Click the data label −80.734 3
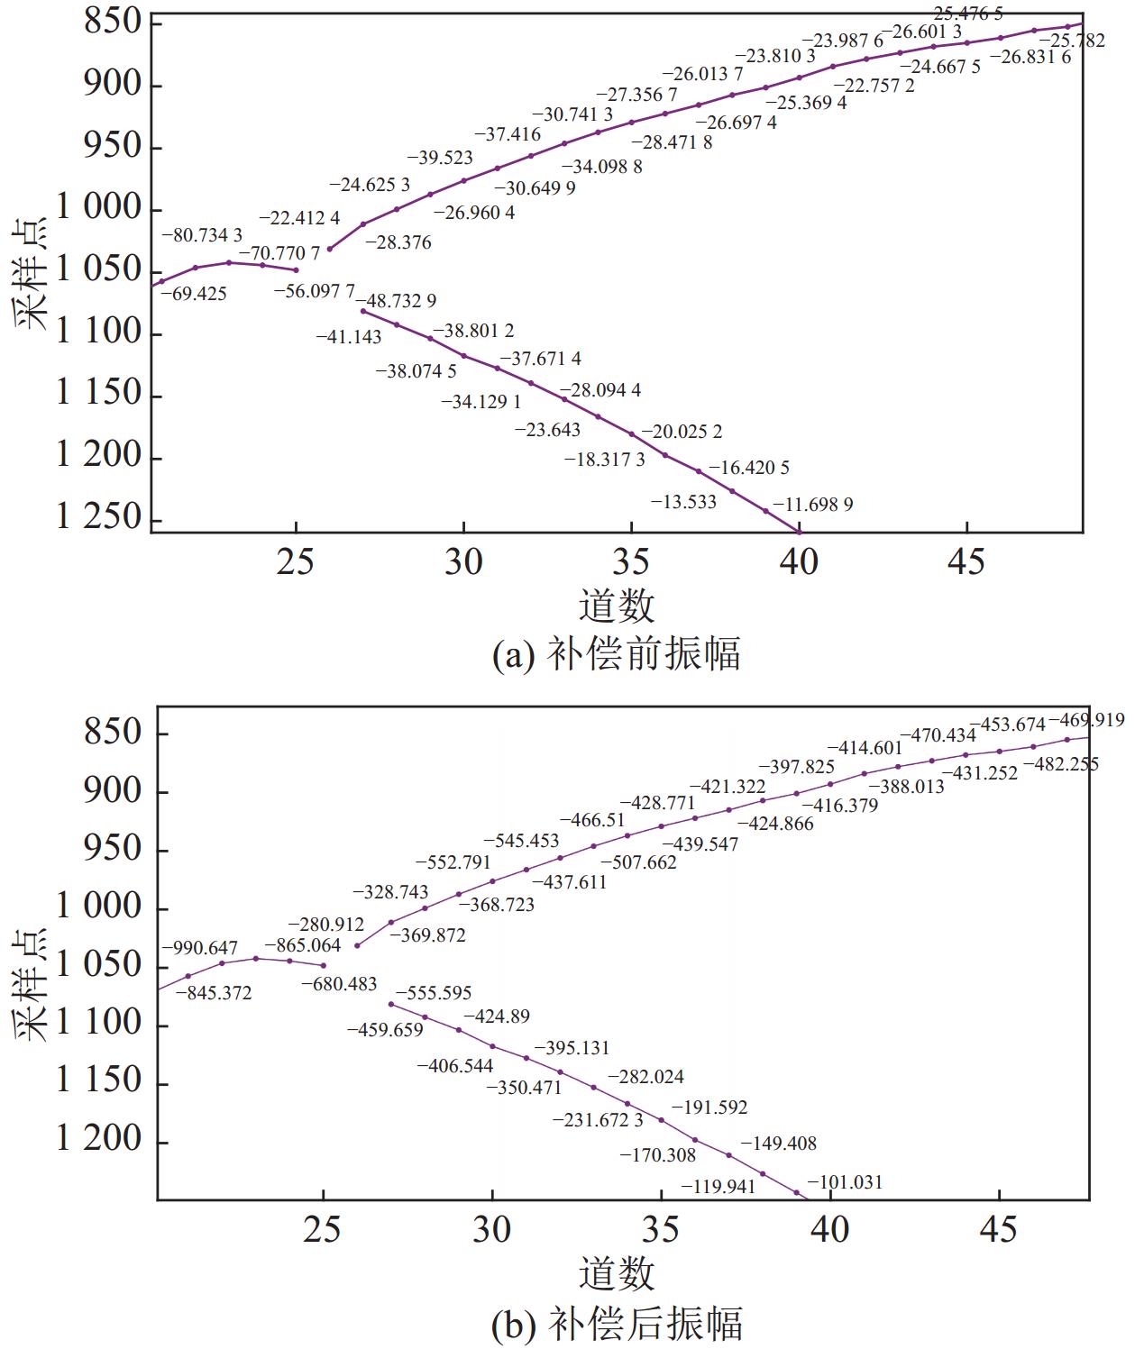click(x=202, y=235)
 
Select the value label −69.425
click(x=194, y=294)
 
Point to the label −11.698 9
click(x=806, y=505)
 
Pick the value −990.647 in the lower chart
click(x=200, y=948)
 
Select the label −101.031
click(x=845, y=1182)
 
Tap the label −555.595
click(x=434, y=993)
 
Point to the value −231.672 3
click(x=599, y=1120)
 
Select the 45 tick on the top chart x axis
click(x=966, y=561)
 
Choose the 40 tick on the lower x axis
click(x=830, y=1229)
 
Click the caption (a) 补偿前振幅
click(x=617, y=654)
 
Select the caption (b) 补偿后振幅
click(x=617, y=1324)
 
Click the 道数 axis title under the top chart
click(x=617, y=606)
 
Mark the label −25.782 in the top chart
click(x=1072, y=41)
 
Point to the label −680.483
click(x=339, y=984)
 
